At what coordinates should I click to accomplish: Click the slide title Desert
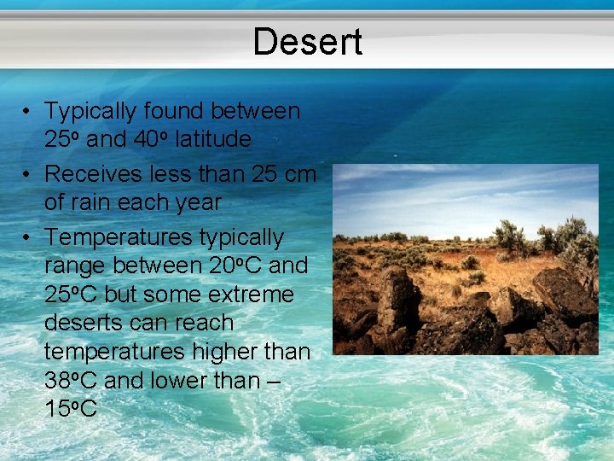click(x=307, y=42)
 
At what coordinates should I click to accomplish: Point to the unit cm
click(x=298, y=174)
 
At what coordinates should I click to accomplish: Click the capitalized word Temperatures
click(x=116, y=236)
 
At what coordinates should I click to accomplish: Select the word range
click(x=72, y=266)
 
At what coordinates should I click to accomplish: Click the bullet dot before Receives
click(x=28, y=174)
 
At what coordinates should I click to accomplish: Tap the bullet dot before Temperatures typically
click(x=28, y=236)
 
